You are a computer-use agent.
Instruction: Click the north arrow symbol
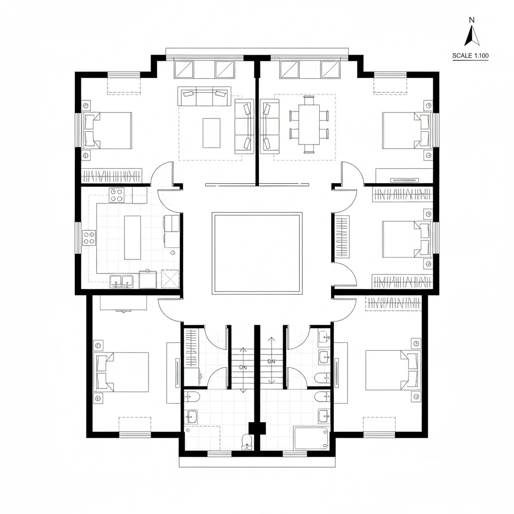click(x=471, y=36)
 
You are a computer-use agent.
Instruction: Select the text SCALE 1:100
click(x=470, y=56)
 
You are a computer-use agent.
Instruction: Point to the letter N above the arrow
click(x=471, y=20)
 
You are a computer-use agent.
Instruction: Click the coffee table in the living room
click(x=211, y=133)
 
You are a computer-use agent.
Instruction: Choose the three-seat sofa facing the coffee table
click(x=204, y=96)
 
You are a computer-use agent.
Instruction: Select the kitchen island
click(x=133, y=237)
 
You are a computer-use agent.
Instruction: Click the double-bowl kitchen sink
click(x=121, y=281)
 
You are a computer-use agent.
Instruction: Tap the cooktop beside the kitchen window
click(x=89, y=237)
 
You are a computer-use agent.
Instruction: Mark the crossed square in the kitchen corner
click(x=170, y=279)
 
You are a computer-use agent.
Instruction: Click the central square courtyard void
click(x=257, y=253)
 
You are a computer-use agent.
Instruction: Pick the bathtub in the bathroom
click(x=311, y=438)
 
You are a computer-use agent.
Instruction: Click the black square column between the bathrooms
click(x=258, y=428)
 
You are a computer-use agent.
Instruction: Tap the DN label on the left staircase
click(x=243, y=367)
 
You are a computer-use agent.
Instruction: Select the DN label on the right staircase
click(x=272, y=361)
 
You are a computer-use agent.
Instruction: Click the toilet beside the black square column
click(x=246, y=441)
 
